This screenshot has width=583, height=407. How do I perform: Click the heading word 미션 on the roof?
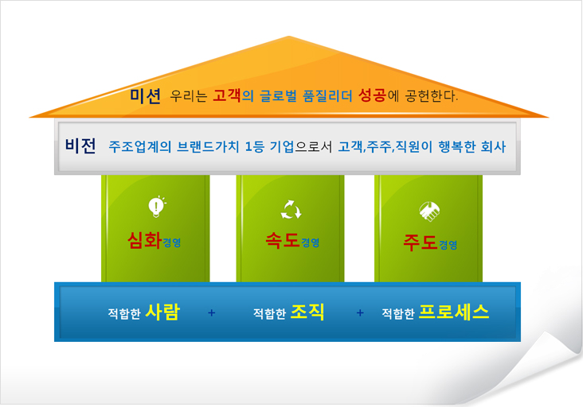point(146,96)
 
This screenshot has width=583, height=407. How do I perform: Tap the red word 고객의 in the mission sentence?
point(233,95)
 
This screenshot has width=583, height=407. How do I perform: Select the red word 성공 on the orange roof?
point(372,95)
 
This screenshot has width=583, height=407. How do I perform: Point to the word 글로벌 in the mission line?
point(278,96)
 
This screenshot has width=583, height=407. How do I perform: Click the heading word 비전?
point(80,145)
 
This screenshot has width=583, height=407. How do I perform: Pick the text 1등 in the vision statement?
point(254,146)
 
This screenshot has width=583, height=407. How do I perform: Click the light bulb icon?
point(157,207)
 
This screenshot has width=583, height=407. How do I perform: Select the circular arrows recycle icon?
point(291,210)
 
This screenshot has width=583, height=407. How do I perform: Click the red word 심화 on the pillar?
point(144,240)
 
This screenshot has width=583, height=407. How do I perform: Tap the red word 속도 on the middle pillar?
point(283,240)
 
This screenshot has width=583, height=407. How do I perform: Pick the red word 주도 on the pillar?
point(421,242)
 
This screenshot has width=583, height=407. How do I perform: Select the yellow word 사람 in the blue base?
point(162,312)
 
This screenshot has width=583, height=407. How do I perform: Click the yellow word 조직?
point(307,312)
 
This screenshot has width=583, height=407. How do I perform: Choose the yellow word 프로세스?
point(454,312)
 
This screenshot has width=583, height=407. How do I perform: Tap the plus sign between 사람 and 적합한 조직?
point(212,312)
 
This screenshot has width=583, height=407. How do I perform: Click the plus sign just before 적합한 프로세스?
point(360,312)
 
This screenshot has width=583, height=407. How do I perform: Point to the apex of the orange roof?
point(289,37)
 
